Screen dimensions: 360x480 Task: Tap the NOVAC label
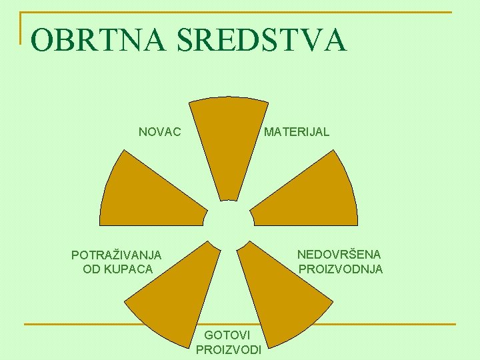159,132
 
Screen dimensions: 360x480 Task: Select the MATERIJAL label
297,132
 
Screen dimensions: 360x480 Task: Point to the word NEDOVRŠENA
339,255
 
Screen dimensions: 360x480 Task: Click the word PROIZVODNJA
341,269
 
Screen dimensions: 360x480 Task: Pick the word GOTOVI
227,335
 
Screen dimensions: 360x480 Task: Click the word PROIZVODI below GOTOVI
229,349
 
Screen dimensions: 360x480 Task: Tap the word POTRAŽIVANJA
116,255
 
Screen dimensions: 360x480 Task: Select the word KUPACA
130,269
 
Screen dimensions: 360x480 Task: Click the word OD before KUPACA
91,269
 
